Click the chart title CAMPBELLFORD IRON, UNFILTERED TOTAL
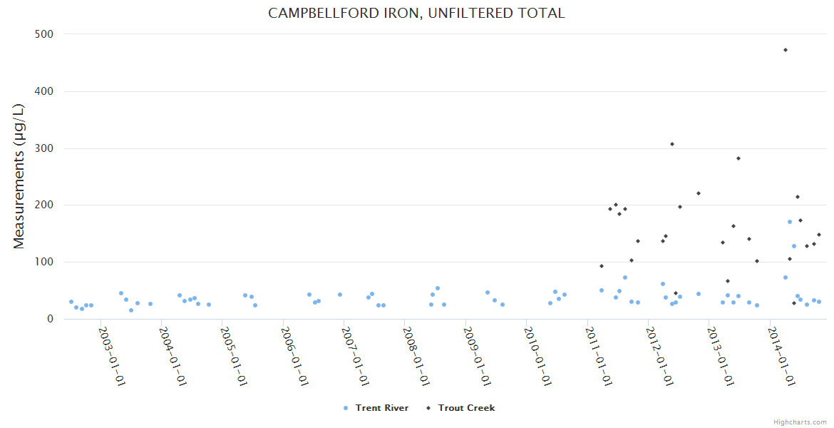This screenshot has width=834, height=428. pos(416,14)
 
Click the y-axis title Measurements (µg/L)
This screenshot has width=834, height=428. pos(19,176)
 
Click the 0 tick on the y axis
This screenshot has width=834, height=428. pos(50,320)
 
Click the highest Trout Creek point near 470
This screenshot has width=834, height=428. pos(785,50)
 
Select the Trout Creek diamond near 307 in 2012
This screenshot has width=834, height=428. pos(672,144)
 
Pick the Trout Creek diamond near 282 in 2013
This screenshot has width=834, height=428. pos(738,158)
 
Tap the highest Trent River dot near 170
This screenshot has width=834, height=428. pos(790,222)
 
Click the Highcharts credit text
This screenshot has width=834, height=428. pos(800,422)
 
